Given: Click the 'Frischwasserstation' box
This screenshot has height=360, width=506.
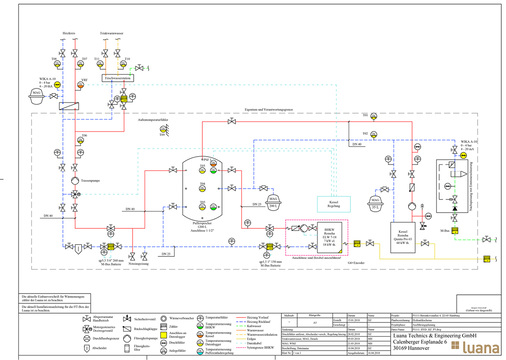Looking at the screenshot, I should pyautogui.click(x=118, y=77).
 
